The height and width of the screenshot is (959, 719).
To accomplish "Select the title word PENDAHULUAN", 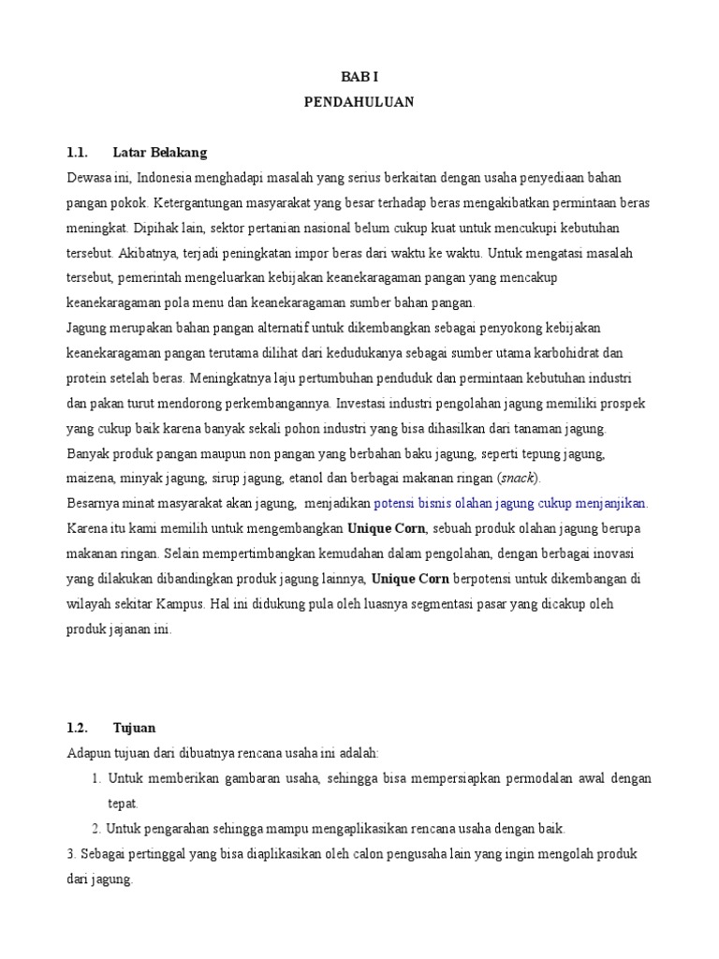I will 359,102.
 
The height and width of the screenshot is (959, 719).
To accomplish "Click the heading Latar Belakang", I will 159,152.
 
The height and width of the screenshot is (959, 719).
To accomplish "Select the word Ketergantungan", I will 200,202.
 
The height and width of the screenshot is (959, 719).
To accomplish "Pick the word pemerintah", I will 159,278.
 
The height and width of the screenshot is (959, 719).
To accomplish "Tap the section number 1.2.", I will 77,728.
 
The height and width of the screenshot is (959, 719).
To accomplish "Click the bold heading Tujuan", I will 135,728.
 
